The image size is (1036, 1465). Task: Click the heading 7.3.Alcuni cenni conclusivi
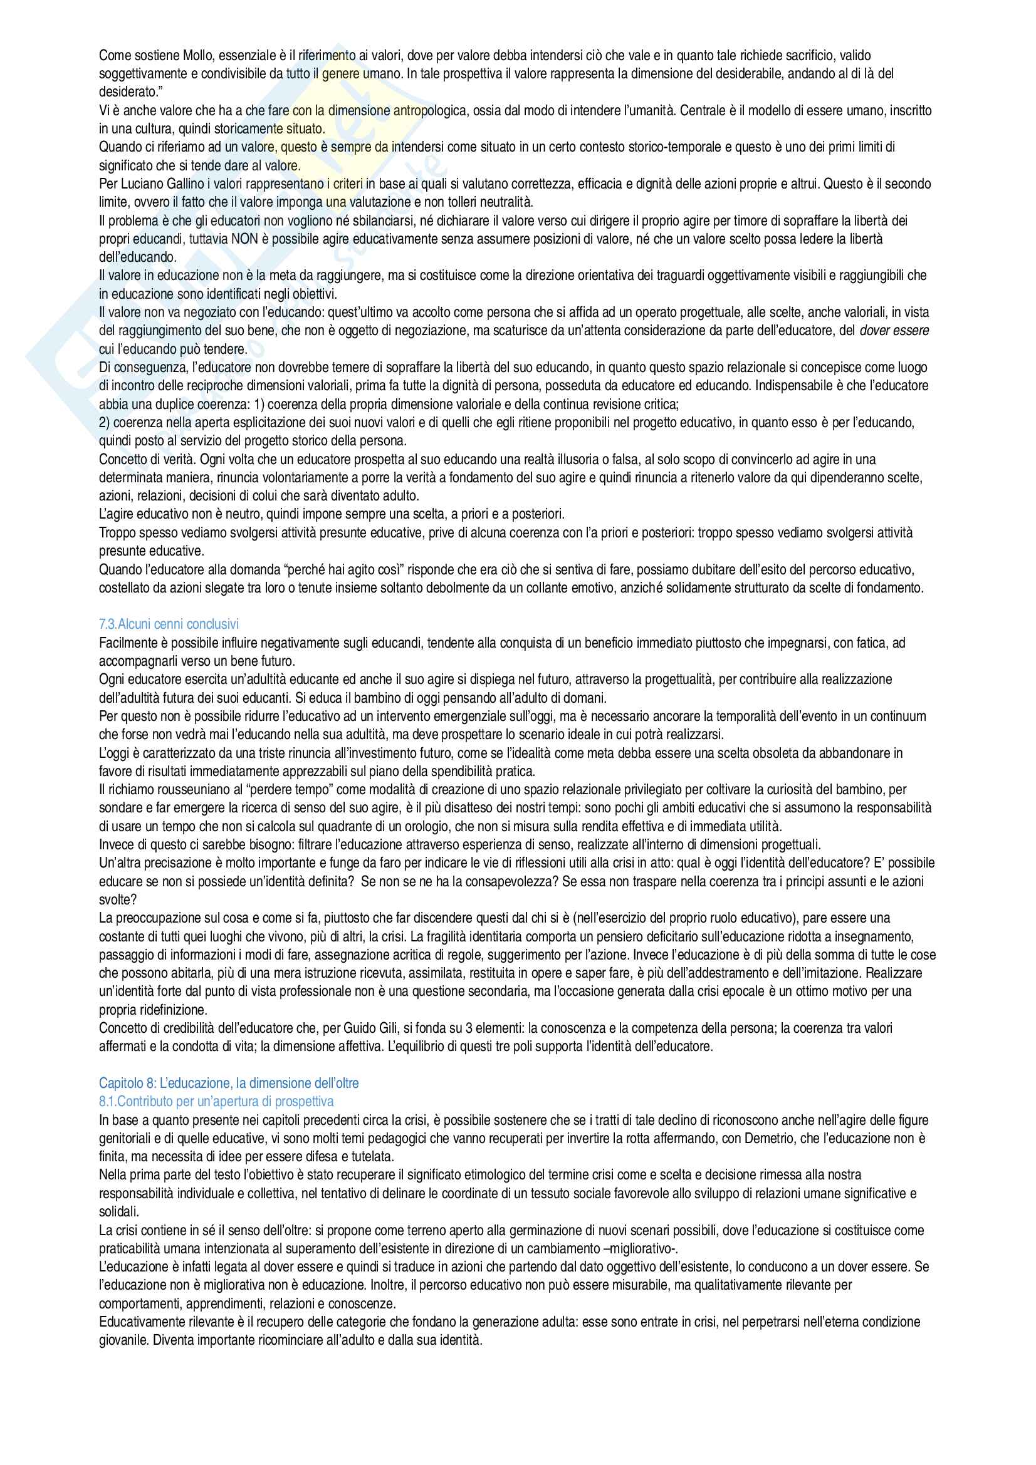coord(169,624)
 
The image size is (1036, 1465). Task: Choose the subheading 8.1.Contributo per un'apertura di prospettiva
coord(216,1101)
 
